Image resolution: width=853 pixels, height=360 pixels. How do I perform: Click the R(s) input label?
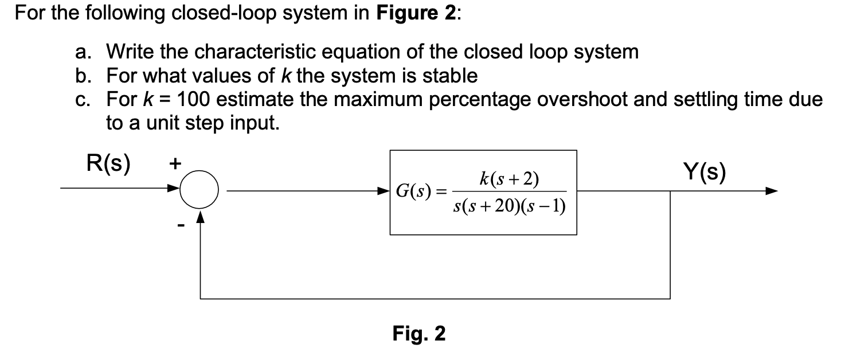[x=108, y=163]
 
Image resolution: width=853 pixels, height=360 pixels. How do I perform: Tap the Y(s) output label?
[x=705, y=170]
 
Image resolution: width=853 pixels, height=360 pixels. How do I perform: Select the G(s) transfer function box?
[x=483, y=192]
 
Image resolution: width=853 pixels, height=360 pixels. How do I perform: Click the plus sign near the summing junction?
[x=175, y=163]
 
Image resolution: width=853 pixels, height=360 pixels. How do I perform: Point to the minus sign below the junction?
[x=181, y=227]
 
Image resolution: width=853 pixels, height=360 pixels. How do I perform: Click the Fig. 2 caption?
[x=418, y=333]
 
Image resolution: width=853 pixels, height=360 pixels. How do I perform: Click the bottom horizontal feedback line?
[x=436, y=299]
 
